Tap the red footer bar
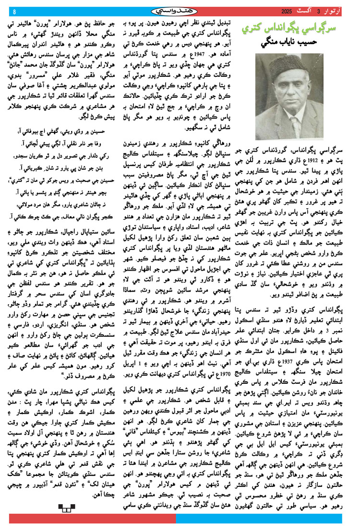point(91,519)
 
